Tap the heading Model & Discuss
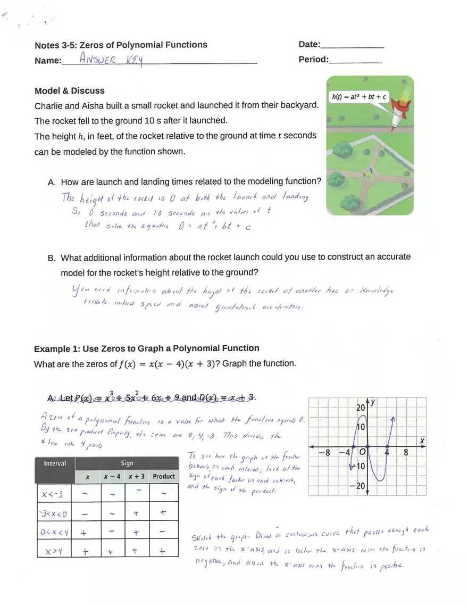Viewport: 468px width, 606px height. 69,91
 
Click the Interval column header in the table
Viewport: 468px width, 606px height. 55,463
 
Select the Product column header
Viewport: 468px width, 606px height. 163,476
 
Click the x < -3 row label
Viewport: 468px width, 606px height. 53,495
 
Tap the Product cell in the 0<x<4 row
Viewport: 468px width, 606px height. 163,533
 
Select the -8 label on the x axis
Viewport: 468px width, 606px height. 324,453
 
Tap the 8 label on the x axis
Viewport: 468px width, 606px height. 406,453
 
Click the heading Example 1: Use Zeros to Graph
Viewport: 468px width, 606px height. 146,348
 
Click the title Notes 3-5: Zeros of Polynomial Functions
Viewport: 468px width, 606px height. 121,45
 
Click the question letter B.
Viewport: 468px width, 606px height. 52,258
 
